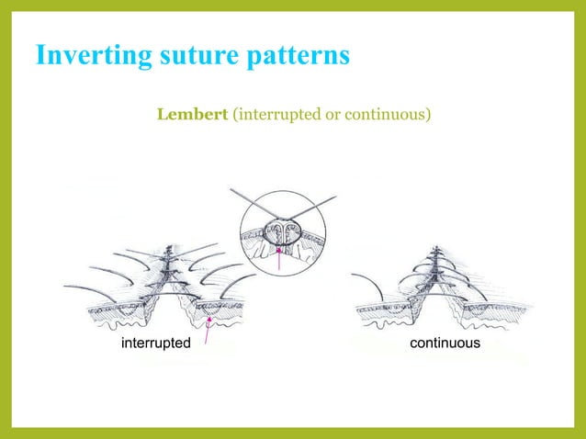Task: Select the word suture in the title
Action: point(184,55)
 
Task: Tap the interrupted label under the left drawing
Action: point(156,343)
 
